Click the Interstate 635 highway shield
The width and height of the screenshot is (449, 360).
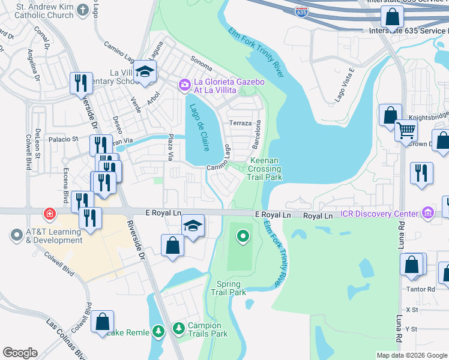(300, 11)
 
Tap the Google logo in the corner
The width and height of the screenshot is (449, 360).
(20, 353)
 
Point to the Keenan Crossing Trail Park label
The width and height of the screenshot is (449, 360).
(265, 169)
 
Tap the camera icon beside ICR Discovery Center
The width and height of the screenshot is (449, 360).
(427, 213)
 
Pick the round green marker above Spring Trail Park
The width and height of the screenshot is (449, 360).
(243, 236)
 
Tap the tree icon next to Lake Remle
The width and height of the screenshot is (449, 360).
(158, 331)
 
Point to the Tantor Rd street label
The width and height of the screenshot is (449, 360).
(423, 289)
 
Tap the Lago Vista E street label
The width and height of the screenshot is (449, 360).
(345, 86)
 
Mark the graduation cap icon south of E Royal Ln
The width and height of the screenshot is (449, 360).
(193, 226)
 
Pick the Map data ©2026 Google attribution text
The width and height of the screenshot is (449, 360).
(411, 355)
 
